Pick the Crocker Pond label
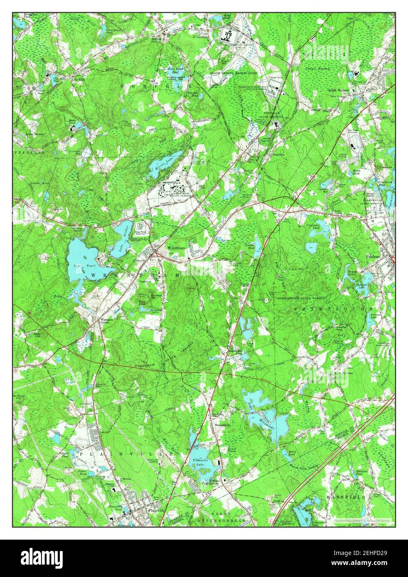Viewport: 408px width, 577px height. (250, 248)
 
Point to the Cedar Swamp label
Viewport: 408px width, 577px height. (318, 68)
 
